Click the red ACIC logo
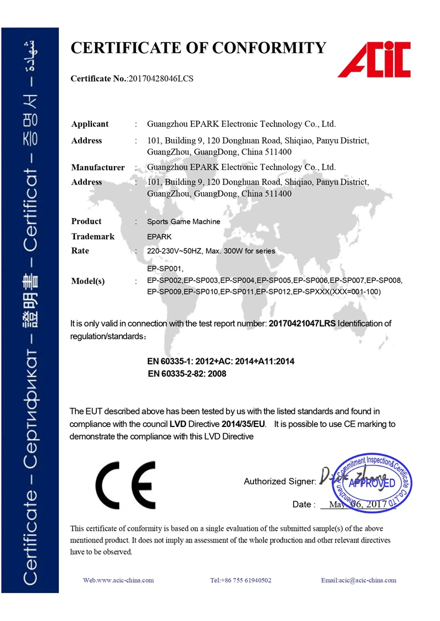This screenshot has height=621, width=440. [375, 59]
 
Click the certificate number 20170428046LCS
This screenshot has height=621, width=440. [161, 79]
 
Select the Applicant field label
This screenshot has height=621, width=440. [90, 124]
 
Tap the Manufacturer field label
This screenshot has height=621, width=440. [98, 167]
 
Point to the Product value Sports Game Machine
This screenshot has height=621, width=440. [184, 221]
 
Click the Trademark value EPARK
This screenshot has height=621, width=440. [159, 236]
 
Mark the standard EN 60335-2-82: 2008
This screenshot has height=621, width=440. [188, 374]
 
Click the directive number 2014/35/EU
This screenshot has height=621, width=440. [244, 424]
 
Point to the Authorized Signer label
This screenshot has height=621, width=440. [279, 482]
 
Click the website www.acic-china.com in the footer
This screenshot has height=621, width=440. [118, 580]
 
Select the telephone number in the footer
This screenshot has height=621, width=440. [241, 580]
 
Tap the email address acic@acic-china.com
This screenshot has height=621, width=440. [359, 580]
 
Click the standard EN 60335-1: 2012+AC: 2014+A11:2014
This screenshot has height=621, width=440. [221, 362]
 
